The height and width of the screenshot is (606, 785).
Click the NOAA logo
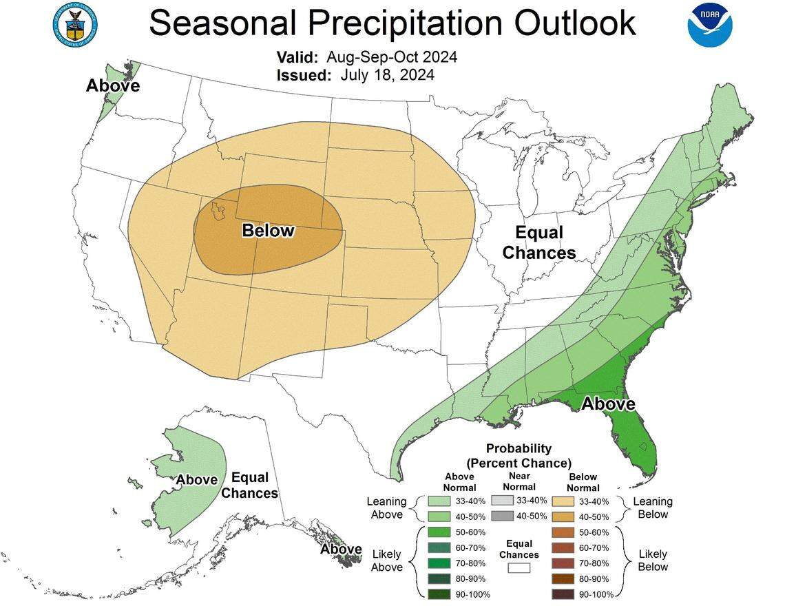710,25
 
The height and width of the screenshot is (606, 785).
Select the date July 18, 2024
387,74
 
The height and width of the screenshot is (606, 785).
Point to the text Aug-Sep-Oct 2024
391,56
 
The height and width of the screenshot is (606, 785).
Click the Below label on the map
268,231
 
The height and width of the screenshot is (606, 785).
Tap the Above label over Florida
608,404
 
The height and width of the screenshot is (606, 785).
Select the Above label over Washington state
112,86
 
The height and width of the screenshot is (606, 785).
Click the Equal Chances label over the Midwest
538,243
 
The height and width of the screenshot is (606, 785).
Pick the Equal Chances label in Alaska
249,485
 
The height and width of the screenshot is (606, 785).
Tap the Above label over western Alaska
197,479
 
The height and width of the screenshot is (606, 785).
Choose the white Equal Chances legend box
519,568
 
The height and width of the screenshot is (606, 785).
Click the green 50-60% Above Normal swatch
437,532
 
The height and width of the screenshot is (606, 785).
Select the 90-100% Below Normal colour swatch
563,594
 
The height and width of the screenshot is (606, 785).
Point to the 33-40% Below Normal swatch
563,501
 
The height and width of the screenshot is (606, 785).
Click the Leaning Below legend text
652,508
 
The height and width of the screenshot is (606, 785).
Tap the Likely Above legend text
386,561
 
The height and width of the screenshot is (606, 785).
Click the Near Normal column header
519,481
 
